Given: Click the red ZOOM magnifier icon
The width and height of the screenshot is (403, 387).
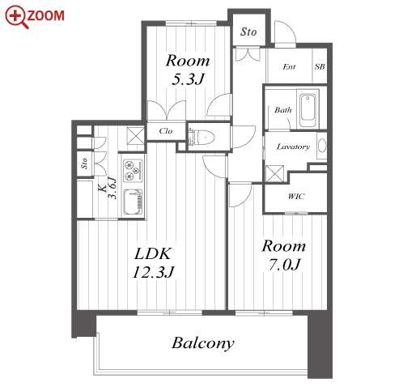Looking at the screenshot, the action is point(17,17).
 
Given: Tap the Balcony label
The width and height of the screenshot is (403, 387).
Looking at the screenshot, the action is point(203,343).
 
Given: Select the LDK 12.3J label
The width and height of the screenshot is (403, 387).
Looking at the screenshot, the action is point(153,263).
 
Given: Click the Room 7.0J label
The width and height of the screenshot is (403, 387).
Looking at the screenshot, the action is point(284,255).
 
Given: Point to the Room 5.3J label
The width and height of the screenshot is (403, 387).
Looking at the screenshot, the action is point(188,70).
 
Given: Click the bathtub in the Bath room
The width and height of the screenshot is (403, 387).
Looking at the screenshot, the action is point(308,107).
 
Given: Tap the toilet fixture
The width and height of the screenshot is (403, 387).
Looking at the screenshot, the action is point(201,137).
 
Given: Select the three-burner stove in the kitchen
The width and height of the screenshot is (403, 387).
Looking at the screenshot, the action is point(133,170).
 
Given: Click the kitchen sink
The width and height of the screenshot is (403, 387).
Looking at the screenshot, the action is point(133,202).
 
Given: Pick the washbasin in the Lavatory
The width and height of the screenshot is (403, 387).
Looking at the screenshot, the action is point(321,146).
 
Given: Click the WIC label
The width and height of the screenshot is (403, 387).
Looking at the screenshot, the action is point(296,196).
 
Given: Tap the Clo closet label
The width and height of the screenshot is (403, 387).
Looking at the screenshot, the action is point(166,131).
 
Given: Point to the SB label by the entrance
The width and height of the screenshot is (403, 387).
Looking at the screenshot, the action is point(320,66).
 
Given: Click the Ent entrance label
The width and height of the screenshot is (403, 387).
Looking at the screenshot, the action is point(289,66).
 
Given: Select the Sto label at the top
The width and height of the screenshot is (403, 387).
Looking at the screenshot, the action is point(248,32).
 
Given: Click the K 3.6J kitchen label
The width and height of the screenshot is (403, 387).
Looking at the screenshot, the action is point(108,188).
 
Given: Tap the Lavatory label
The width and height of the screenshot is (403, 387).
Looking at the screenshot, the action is point(293,147).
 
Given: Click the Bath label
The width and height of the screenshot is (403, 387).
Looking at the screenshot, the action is point(283,110).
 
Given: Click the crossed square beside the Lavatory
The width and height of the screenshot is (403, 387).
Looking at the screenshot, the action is point(274,173).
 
